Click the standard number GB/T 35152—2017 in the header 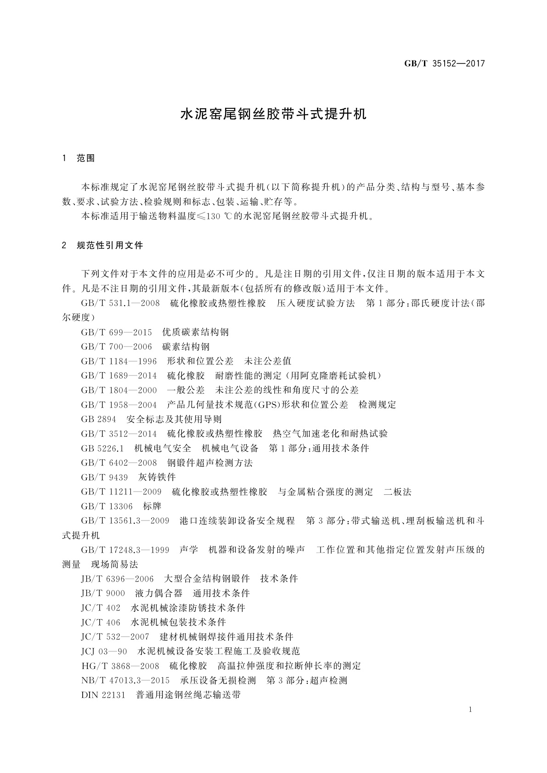(x=444, y=64)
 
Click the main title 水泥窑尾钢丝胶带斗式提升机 (x=274, y=114)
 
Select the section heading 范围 (x=86, y=158)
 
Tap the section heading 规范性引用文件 (x=110, y=246)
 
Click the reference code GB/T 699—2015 (x=116, y=332)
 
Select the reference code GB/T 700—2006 (x=116, y=347)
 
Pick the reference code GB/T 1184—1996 (x=118, y=361)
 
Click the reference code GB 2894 (x=98, y=419)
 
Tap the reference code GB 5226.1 (x=102, y=448)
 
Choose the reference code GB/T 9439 (x=104, y=477)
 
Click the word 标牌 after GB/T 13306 (x=152, y=506)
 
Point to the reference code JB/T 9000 (x=103, y=593)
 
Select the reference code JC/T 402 (x=101, y=608)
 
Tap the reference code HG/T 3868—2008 (x=120, y=666)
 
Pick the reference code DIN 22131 (x=103, y=695)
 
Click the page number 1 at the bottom (x=471, y=710)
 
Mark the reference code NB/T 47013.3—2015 (x=125, y=680)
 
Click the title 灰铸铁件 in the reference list (x=157, y=477)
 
